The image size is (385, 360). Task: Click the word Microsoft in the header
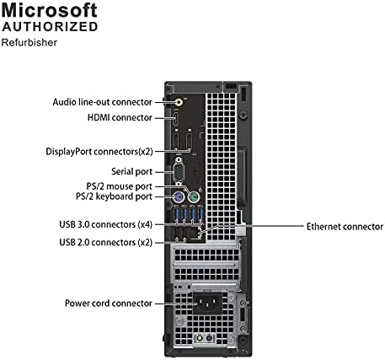click(51, 12)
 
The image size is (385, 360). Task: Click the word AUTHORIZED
click(51, 26)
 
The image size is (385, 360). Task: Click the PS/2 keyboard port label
click(114, 196)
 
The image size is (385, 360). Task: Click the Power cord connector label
click(109, 303)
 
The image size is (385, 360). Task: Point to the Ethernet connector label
click(345, 226)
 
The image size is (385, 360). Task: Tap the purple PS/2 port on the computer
click(178, 199)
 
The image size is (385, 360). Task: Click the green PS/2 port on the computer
click(193, 199)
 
